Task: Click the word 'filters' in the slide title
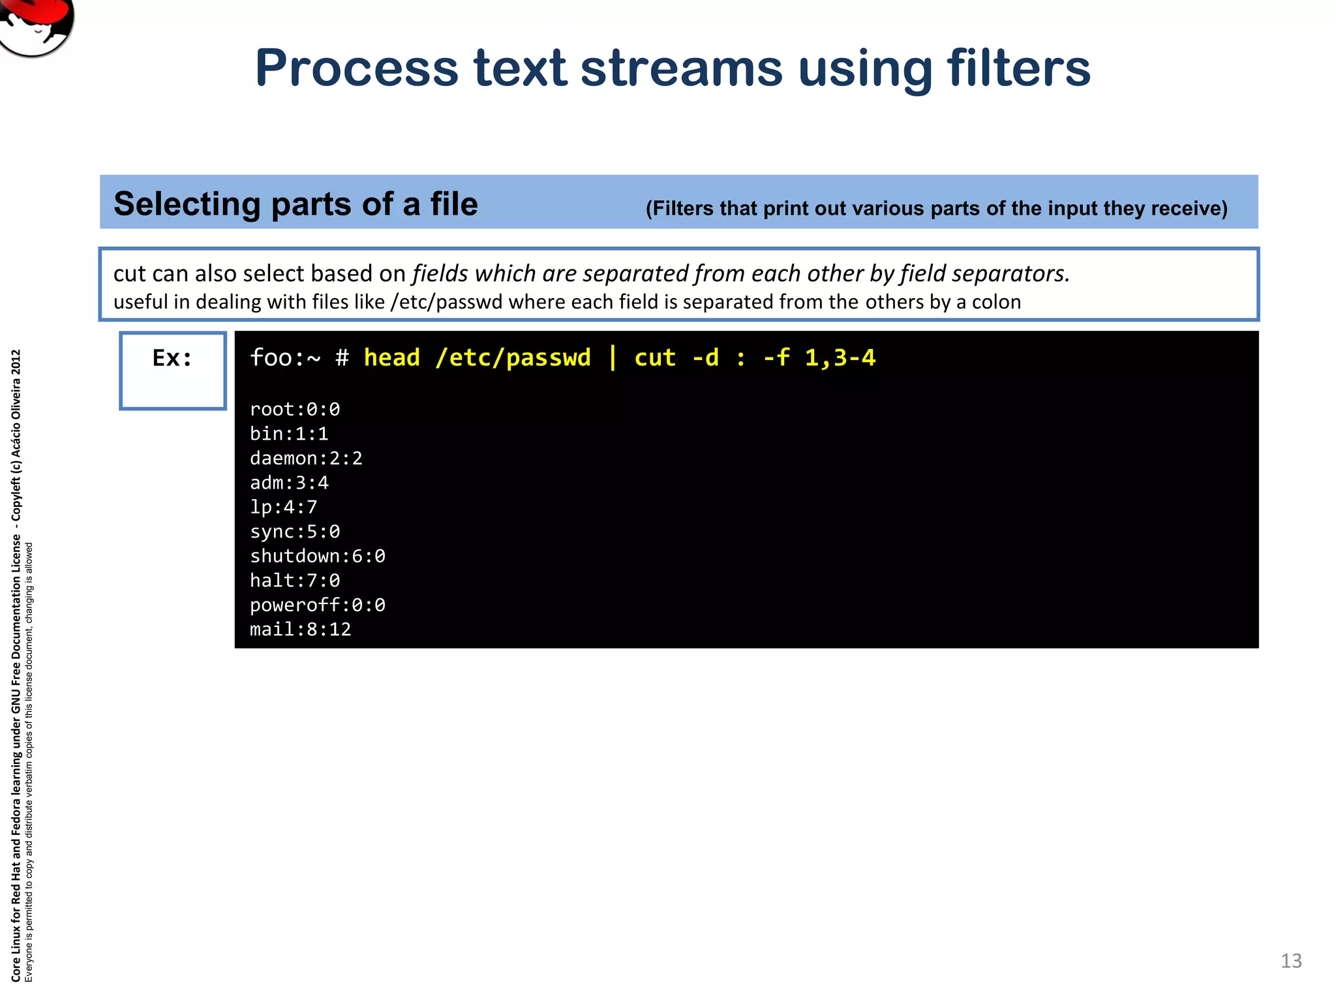tap(1018, 68)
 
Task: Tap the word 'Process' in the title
tap(357, 68)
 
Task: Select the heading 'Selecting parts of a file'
tap(296, 204)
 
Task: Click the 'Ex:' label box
tap(173, 370)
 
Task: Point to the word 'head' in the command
tap(391, 358)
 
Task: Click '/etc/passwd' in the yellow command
tap(513, 358)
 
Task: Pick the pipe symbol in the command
tap(613, 358)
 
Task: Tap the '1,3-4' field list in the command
tap(840, 358)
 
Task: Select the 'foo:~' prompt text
tap(285, 358)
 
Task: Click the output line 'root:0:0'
tap(295, 410)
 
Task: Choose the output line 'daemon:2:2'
tap(306, 459)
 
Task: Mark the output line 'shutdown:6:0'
tap(318, 556)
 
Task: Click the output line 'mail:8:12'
tap(300, 630)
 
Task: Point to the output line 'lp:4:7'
tap(283, 508)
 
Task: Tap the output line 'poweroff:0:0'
tap(318, 605)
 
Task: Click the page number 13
tap(1291, 961)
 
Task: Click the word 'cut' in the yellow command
tap(655, 358)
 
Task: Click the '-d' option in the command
tap(705, 358)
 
